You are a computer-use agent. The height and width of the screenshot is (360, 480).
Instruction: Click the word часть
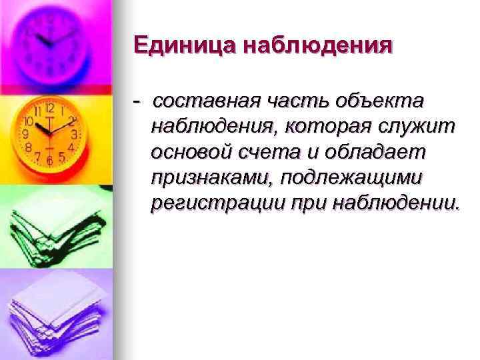point(294,101)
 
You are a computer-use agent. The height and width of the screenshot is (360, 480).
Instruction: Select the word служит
point(419,127)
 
